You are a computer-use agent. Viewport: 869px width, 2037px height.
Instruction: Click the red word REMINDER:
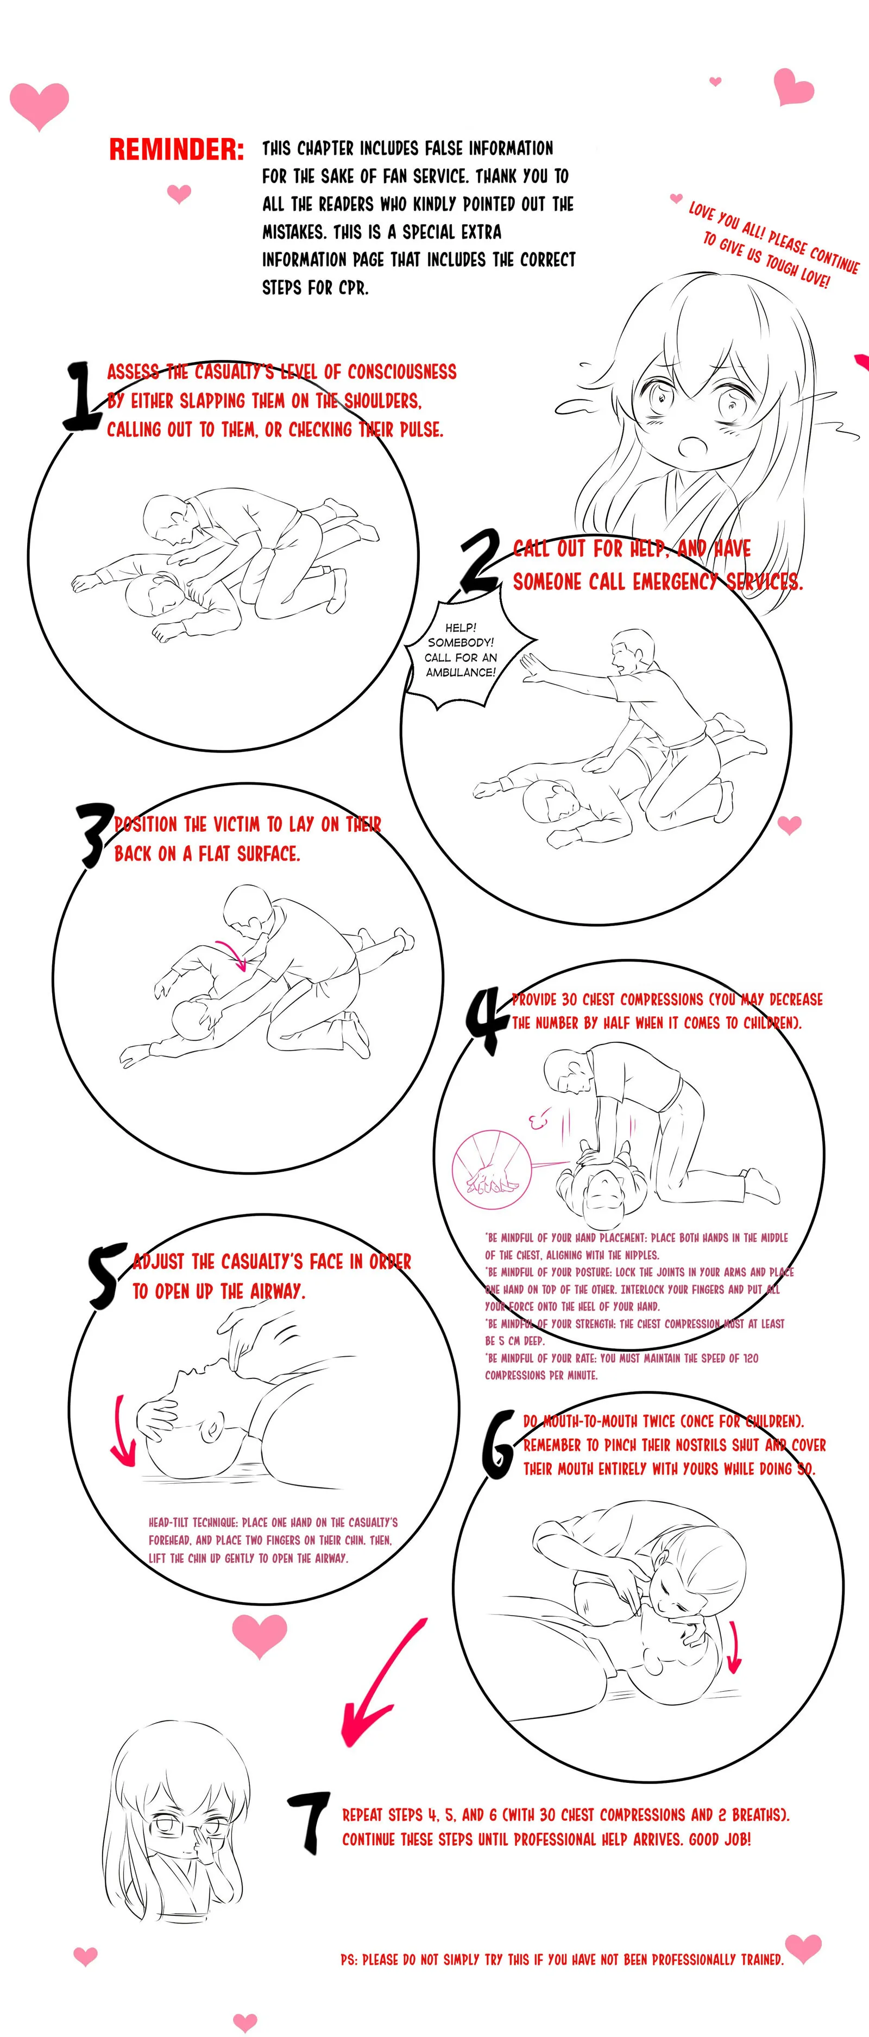click(177, 149)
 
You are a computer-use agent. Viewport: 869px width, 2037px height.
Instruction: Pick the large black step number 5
click(107, 1275)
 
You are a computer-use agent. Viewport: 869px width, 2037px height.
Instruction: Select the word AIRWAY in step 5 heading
click(278, 1291)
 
